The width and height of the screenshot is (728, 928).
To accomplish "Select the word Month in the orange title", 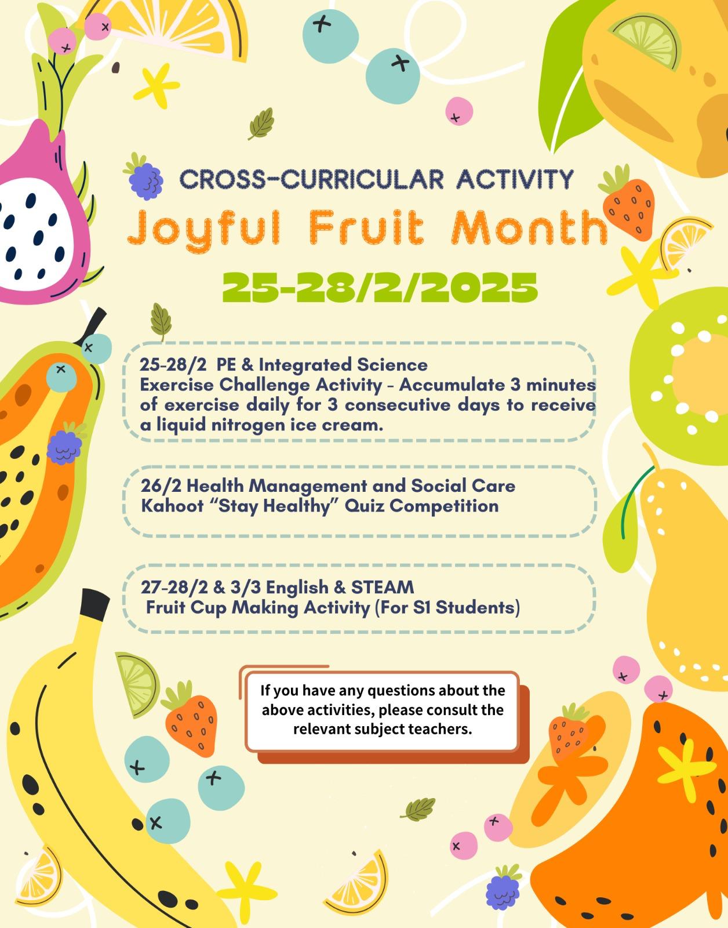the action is click(x=529, y=227).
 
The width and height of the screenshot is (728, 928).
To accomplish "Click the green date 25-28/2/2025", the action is click(x=380, y=288).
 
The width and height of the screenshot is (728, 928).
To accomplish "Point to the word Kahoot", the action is click(x=172, y=506).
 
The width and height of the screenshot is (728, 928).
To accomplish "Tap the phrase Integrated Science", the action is click(x=343, y=365).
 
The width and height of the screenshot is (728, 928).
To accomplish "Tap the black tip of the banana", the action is click(x=94, y=604).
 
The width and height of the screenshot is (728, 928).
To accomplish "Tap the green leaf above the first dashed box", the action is click(x=161, y=321).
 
